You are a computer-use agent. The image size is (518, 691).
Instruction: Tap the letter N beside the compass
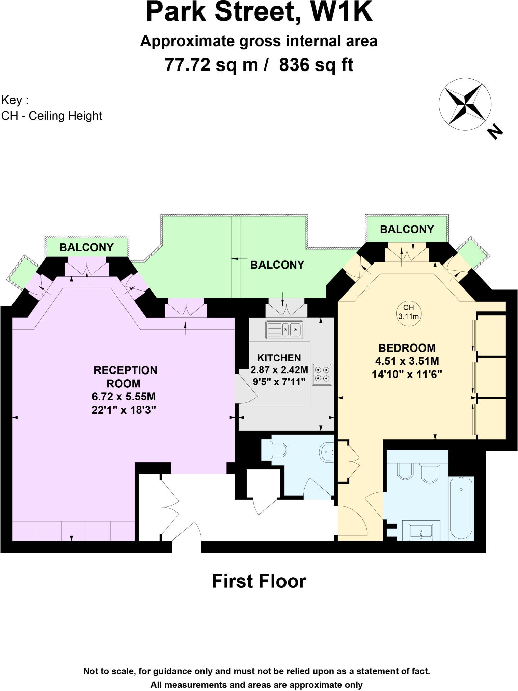click(x=494, y=132)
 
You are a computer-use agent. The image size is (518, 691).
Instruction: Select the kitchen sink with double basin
click(x=284, y=329)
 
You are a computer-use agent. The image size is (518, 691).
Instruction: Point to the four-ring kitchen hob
click(x=322, y=374)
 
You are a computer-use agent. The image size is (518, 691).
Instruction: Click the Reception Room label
click(x=126, y=377)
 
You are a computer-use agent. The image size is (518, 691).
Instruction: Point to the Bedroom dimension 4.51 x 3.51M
click(x=407, y=361)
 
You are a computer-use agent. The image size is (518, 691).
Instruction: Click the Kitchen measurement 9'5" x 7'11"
click(x=279, y=382)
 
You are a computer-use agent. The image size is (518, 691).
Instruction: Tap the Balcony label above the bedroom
click(x=407, y=229)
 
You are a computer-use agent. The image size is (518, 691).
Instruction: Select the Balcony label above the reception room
click(x=86, y=247)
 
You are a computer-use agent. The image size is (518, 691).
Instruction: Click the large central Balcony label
click(x=277, y=265)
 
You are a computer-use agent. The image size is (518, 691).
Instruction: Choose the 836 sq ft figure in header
click(x=316, y=65)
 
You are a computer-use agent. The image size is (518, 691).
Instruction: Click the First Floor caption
click(x=259, y=581)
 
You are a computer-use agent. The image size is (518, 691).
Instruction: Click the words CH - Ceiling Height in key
click(x=52, y=116)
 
